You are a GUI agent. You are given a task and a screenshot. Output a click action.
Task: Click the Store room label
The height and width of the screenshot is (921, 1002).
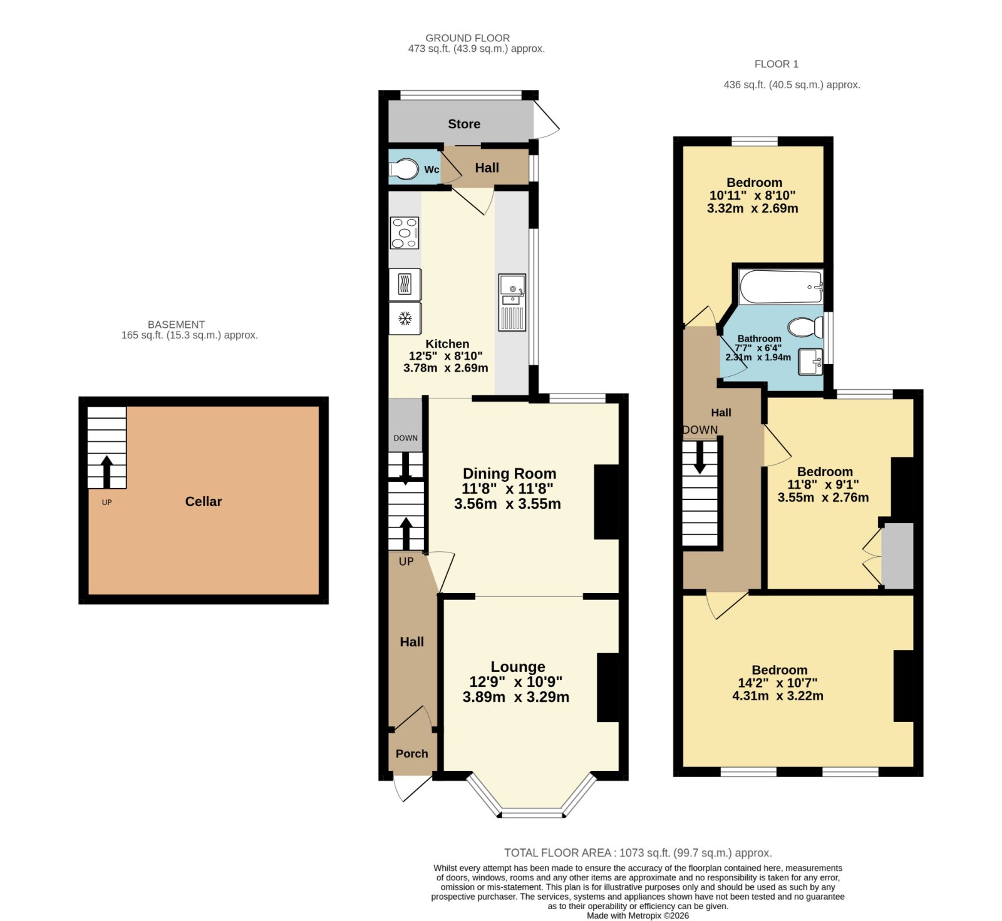pyautogui.click(x=464, y=124)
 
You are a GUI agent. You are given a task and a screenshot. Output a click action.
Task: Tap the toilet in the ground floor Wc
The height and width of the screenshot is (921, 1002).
pyautogui.click(x=404, y=169)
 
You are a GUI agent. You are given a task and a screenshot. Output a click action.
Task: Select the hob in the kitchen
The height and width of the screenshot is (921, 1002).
pyautogui.click(x=405, y=233)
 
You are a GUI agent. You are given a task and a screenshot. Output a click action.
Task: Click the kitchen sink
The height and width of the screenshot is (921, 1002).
pyautogui.click(x=512, y=302)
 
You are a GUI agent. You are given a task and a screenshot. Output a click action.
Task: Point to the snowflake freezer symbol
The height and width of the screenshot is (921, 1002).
pyautogui.click(x=405, y=318)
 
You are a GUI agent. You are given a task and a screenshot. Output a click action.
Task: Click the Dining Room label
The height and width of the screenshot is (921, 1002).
pyautogui.click(x=509, y=474)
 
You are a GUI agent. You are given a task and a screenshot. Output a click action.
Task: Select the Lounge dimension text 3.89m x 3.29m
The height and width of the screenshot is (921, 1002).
pyautogui.click(x=516, y=697)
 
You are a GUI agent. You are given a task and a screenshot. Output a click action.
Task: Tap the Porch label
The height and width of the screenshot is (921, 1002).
pyautogui.click(x=412, y=754)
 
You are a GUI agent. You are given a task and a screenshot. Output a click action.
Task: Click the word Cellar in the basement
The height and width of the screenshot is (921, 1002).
pyautogui.click(x=204, y=502)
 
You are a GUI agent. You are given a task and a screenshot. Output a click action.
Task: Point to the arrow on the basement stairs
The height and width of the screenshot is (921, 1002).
pyautogui.click(x=106, y=472)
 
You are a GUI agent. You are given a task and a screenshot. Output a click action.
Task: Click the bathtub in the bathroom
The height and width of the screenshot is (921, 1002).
pyautogui.click(x=780, y=287)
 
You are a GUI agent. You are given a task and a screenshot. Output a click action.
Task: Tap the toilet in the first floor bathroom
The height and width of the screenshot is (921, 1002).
pyautogui.click(x=806, y=327)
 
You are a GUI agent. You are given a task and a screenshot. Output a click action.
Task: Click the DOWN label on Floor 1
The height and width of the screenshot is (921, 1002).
pyautogui.click(x=700, y=430)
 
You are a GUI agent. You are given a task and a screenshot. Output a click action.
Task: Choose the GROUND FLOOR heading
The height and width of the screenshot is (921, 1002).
pyautogui.click(x=468, y=38)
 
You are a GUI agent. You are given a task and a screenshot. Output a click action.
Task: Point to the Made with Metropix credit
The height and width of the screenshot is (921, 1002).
pyautogui.click(x=638, y=915)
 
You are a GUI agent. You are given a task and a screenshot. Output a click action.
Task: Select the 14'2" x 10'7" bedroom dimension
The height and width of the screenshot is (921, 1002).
pyautogui.click(x=778, y=683)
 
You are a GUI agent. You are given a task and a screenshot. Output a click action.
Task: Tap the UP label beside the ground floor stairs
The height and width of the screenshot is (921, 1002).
pyautogui.click(x=406, y=562)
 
